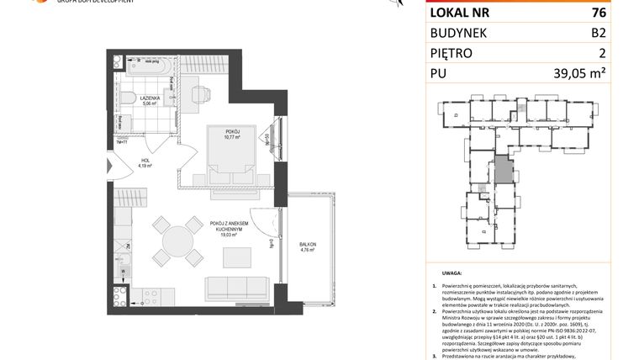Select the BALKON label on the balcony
coord(308,244)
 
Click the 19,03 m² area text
coord(226,236)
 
